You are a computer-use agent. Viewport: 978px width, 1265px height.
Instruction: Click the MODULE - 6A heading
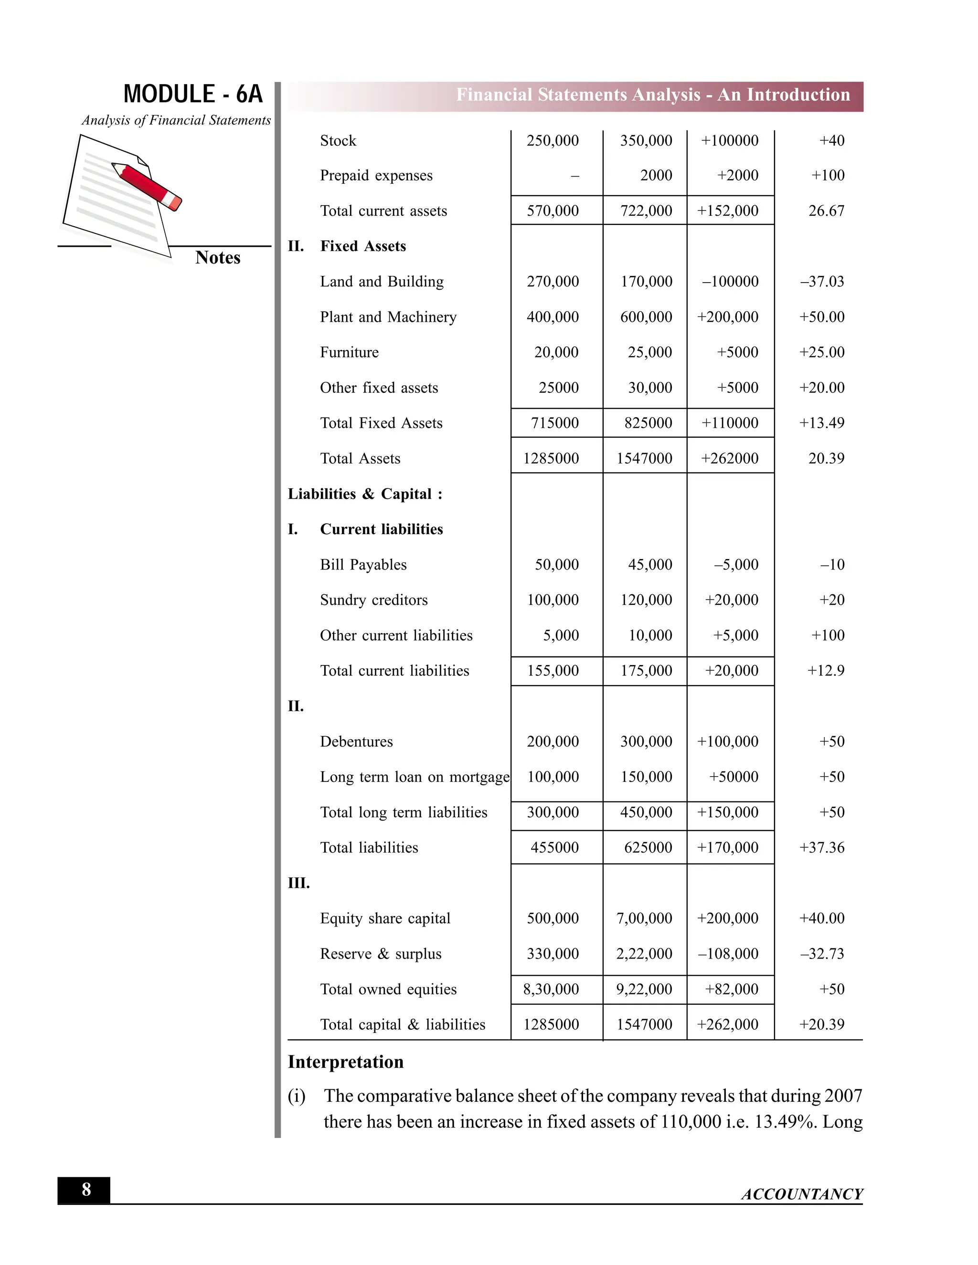193,94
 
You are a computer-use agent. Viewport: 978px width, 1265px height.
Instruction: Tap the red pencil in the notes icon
148,186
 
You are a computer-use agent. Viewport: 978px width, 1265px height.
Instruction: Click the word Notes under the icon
217,257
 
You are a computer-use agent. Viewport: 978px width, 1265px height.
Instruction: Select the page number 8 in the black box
86,1190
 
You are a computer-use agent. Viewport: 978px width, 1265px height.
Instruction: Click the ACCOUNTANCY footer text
801,1194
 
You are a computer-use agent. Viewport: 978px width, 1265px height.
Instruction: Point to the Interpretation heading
345,1062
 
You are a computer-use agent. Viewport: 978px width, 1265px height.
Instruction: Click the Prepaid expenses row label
376,176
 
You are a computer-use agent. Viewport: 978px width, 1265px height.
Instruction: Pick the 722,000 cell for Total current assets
646,211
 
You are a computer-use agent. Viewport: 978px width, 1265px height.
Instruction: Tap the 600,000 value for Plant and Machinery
646,317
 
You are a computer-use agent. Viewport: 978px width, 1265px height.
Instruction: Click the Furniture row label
350,352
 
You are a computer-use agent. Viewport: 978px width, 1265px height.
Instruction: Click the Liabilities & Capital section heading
365,494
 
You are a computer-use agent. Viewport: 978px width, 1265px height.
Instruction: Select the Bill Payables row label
363,565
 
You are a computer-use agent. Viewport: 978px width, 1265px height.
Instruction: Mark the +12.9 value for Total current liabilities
826,671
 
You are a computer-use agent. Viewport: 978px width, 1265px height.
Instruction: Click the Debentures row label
356,741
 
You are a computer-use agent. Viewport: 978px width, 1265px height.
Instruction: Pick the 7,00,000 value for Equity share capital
644,918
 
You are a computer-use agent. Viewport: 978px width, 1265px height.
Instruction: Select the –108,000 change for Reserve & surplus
728,953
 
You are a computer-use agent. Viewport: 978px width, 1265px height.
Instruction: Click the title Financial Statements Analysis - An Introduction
652,95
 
